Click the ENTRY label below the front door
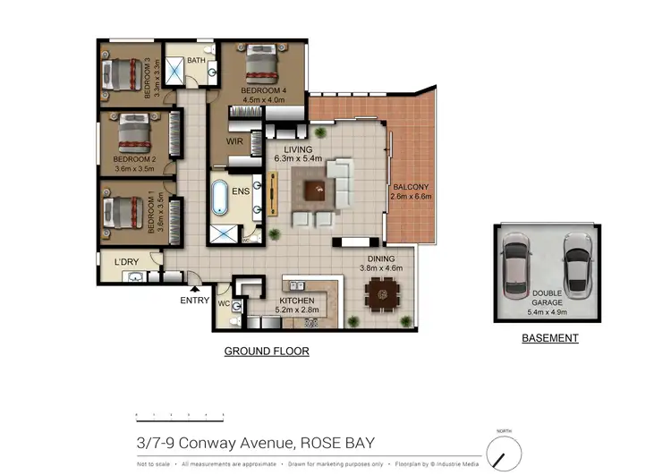pos(194,301)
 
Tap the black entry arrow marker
pos(194,288)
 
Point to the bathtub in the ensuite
pos(220,199)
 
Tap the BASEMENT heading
pos(550,338)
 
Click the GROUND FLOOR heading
pos(266,352)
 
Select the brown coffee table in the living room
pos(316,191)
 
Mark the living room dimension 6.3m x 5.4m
pos(300,159)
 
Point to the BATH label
pos(196,61)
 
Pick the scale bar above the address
pos(179,416)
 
